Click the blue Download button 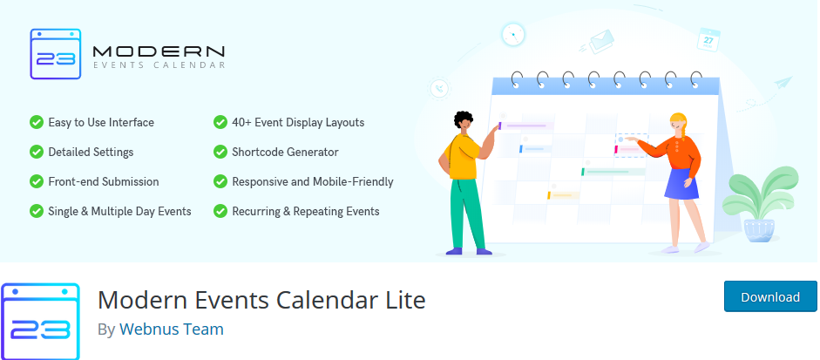pyautogui.click(x=770, y=296)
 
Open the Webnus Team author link pyautogui.click(x=172, y=329)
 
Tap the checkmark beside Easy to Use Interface pyautogui.click(x=36, y=122)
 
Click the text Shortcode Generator pyautogui.click(x=285, y=153)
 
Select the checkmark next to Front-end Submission pyautogui.click(x=36, y=181)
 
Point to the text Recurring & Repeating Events pyautogui.click(x=306, y=212)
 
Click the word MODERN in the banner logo pyautogui.click(x=159, y=51)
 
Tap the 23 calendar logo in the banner pyautogui.click(x=56, y=54)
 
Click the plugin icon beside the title pyautogui.click(x=40, y=322)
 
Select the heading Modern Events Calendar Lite pyautogui.click(x=261, y=300)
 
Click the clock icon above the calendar pyautogui.click(x=512, y=35)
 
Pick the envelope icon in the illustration pyautogui.click(x=601, y=41)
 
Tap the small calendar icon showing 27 pyautogui.click(x=708, y=40)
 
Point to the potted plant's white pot pyautogui.click(x=759, y=230)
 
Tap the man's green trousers pyautogui.click(x=466, y=213)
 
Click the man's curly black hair pyautogui.click(x=463, y=119)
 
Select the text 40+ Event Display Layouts pyautogui.click(x=298, y=122)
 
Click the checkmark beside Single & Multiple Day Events pyautogui.click(x=36, y=212)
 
